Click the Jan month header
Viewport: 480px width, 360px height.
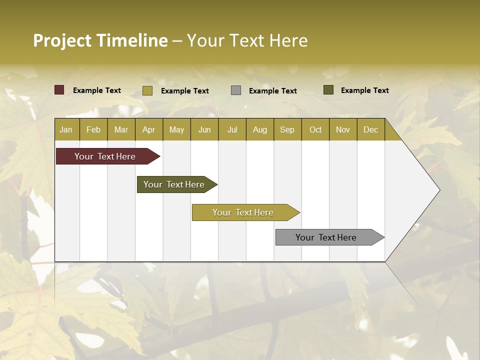66,129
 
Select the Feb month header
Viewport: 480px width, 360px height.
93,129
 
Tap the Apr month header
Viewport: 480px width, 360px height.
148,129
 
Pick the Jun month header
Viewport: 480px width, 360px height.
204,129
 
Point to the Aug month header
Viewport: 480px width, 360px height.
259,129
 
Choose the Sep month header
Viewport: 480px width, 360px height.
287,129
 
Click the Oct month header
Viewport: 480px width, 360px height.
315,129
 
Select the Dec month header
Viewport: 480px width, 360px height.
370,129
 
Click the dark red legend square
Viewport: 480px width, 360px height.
59,90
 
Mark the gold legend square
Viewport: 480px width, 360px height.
147,90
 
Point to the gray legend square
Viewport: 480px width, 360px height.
236,90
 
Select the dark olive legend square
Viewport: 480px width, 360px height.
328,90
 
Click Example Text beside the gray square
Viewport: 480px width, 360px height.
272,91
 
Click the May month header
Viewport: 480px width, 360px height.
176,129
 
